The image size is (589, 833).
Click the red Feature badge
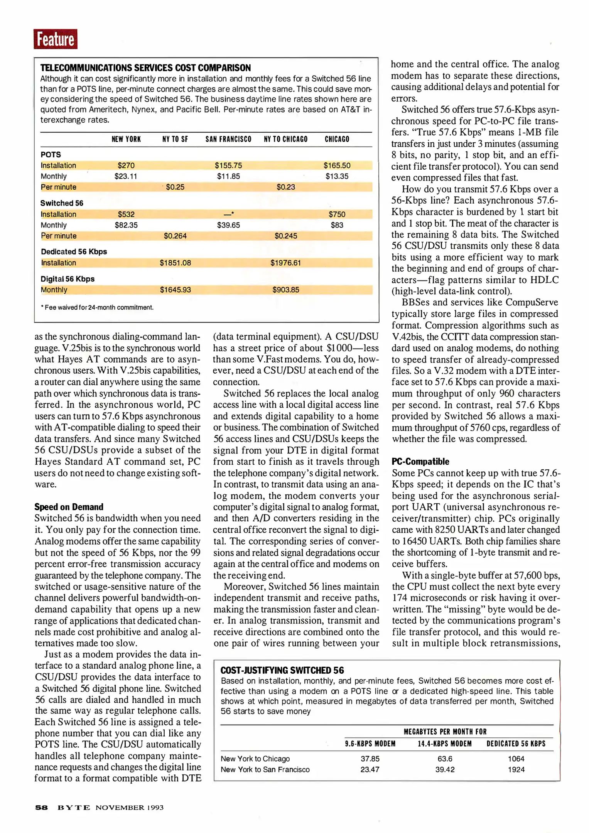[55, 39]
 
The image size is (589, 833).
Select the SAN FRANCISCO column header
[228, 139]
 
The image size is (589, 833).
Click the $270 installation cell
[126, 165]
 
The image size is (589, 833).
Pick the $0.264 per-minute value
[175, 236]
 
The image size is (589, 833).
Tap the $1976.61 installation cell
[285, 263]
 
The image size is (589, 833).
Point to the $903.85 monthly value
[285, 290]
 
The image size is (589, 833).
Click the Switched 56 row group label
[62, 203]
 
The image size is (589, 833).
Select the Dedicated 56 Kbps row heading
[74, 251]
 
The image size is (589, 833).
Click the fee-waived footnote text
[98, 307]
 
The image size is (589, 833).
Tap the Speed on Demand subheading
[69, 507]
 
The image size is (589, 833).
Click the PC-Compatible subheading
[420, 461]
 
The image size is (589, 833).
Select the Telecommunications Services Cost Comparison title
[145, 68]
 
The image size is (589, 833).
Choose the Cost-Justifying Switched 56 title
[282, 670]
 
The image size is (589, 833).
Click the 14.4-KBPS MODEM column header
[444, 744]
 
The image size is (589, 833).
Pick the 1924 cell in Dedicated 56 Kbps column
[516, 769]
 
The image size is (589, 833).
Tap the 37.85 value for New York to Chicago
[370, 759]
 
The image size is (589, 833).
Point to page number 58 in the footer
[41, 807]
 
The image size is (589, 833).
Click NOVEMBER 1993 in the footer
[129, 807]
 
